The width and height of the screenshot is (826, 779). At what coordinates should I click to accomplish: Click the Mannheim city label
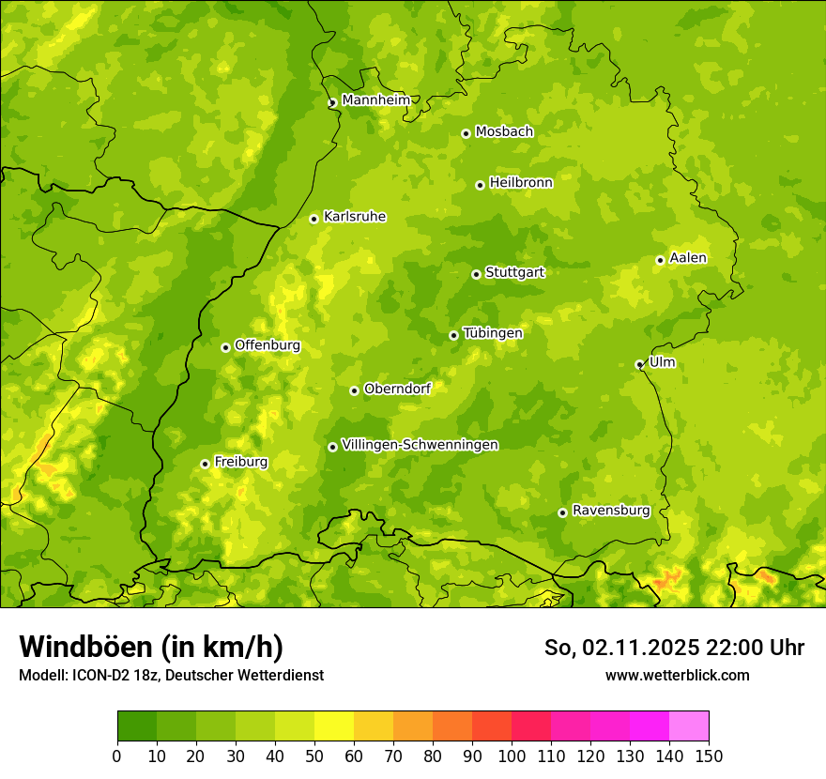[x=375, y=100]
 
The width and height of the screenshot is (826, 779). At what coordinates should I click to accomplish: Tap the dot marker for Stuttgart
[x=476, y=274]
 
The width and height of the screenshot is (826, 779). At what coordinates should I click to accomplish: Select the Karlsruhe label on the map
[x=355, y=217]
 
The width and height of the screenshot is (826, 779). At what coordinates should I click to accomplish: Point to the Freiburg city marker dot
[x=205, y=464]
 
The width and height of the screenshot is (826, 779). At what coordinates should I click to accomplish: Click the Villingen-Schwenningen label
[x=420, y=445]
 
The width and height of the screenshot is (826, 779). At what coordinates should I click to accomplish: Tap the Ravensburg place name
[x=610, y=511]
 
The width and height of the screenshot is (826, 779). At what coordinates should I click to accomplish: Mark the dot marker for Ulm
[x=639, y=364]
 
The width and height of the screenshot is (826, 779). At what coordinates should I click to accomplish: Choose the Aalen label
[x=688, y=258]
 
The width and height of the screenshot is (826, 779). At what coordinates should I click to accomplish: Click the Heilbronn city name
[x=521, y=183]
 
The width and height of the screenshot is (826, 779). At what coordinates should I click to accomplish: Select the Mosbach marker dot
[x=466, y=133]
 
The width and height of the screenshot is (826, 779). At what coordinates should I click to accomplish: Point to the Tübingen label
[x=493, y=333]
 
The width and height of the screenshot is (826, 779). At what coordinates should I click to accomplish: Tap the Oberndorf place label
[x=397, y=389]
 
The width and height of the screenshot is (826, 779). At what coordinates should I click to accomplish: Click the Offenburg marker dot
[x=225, y=347]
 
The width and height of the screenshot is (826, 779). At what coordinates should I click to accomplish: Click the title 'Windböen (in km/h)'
[x=150, y=647]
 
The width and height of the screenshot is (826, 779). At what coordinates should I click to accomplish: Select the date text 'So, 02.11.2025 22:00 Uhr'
[x=674, y=648]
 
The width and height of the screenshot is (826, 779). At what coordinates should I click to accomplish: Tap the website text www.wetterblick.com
[x=677, y=675]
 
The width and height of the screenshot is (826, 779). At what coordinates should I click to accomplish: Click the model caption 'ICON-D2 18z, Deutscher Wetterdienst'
[x=197, y=675]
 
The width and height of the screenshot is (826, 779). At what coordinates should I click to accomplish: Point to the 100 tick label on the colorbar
[x=511, y=756]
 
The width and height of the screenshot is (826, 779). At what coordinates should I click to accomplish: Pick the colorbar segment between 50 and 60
[x=333, y=726]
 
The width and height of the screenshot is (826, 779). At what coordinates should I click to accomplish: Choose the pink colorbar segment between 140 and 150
[x=688, y=726]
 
